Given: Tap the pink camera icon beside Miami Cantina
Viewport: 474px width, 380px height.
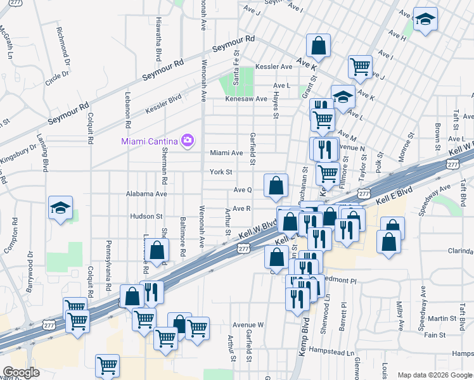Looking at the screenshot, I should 187,140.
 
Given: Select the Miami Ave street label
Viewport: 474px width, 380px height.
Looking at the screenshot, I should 227,153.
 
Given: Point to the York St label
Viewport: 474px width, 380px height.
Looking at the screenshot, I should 221,172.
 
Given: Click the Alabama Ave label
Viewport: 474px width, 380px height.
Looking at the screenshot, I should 146,194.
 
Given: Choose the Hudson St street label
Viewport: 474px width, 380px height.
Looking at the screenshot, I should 146,216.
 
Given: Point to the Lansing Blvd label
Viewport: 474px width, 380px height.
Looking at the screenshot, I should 45,155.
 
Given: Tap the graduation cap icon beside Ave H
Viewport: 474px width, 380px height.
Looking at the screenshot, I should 425,19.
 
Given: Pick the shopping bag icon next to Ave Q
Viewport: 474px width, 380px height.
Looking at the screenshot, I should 276,186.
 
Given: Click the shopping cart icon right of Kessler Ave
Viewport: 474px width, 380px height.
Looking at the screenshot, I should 360,65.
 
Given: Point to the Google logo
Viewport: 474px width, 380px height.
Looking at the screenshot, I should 20,372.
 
